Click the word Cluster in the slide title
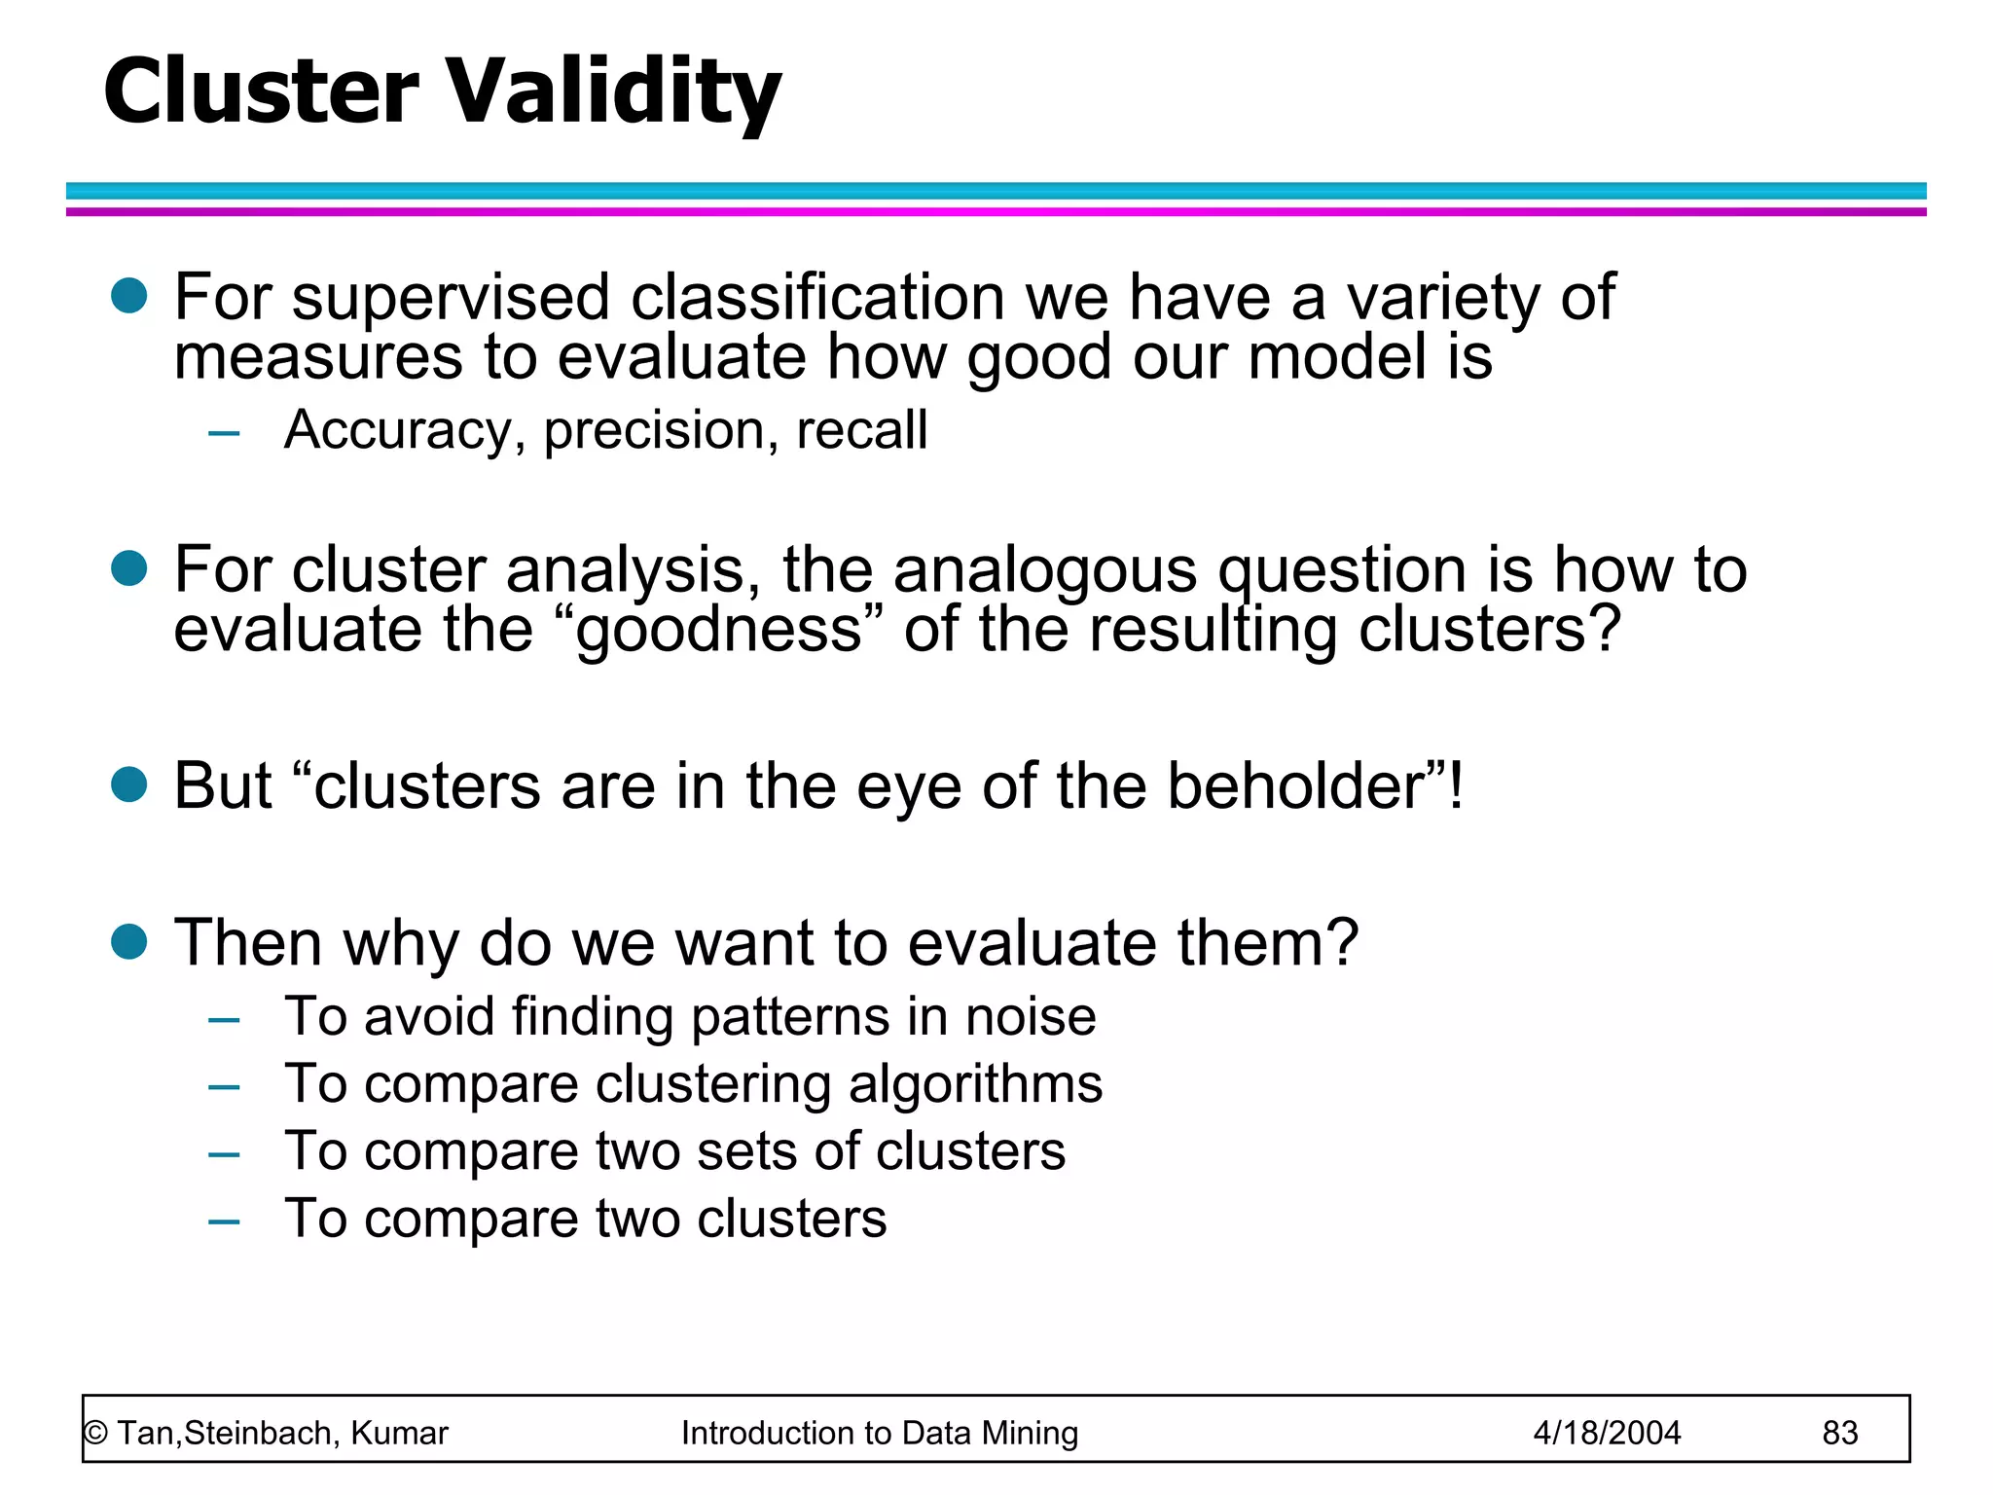click(x=261, y=91)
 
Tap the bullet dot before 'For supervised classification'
click(x=128, y=296)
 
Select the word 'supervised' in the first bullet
click(x=451, y=298)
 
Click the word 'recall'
click(x=861, y=430)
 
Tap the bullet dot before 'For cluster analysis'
click(x=128, y=568)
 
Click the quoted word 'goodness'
click(x=719, y=631)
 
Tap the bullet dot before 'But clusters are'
click(x=128, y=784)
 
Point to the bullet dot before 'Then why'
click(x=128, y=941)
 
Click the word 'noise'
click(x=1031, y=1016)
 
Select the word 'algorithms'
click(x=975, y=1084)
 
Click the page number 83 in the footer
click(x=1839, y=1433)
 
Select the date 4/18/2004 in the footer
click(x=1607, y=1433)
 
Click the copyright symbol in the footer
click(x=95, y=1434)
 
